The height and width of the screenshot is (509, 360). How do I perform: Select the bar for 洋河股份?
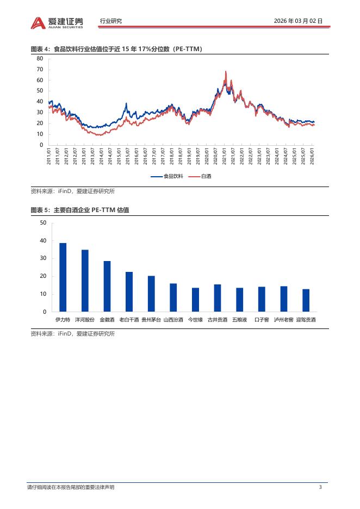tap(85, 281)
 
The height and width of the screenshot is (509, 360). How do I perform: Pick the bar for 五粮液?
tap(239, 300)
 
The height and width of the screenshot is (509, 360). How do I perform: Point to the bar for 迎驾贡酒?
tap(306, 300)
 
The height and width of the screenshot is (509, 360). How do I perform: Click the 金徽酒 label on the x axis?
tap(107, 320)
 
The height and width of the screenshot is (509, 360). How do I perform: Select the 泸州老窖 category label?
tap(283, 320)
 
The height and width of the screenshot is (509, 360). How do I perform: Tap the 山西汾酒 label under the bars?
tap(173, 320)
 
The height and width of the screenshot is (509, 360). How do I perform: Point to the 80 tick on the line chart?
tap(40, 58)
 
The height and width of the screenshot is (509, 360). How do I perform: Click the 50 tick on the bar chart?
tap(43, 223)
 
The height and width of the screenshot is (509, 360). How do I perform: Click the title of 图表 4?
tap(116, 49)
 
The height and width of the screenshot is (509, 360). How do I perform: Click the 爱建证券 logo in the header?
tap(57, 22)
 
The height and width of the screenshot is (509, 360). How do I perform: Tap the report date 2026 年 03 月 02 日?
tap(299, 21)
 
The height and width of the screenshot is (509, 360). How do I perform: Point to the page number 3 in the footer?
tap(320, 487)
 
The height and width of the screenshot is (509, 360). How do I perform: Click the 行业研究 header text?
tap(111, 21)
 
